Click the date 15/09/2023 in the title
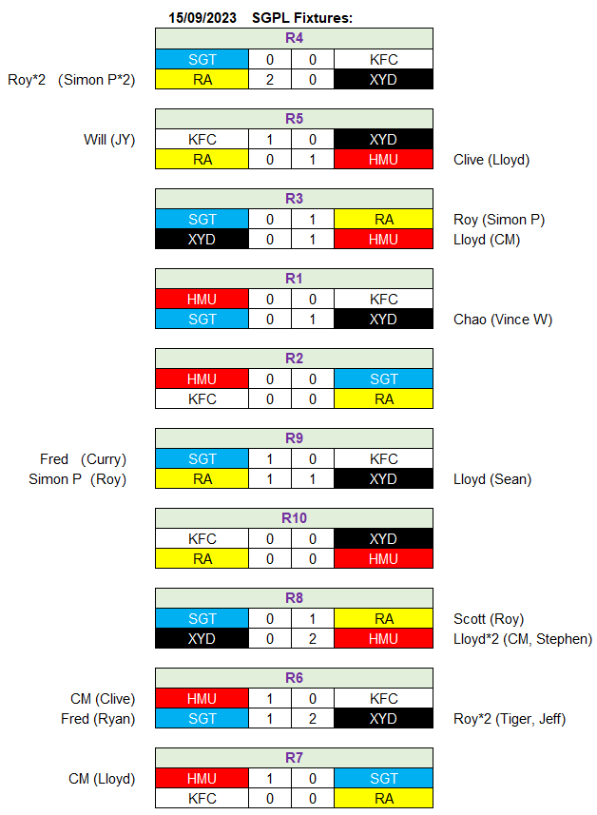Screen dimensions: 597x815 (202, 18)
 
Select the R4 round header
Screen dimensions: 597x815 (294, 38)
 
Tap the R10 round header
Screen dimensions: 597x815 (294, 518)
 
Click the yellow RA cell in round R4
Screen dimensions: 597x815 (202, 80)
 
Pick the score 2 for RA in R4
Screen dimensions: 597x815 (270, 80)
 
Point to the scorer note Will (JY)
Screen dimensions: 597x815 (109, 140)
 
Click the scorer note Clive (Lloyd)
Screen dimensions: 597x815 (491, 160)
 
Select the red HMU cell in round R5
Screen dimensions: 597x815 (383, 160)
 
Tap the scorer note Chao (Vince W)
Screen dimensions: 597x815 (503, 320)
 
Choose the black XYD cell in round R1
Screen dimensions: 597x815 (383, 320)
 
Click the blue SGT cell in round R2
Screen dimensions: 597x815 (383, 378)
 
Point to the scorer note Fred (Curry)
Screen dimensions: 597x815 (83, 459)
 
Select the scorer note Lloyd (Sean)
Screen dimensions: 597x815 (492, 479)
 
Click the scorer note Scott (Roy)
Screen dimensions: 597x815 (489, 619)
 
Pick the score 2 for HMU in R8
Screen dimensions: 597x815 (312, 639)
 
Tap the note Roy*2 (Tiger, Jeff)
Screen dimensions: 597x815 (510, 719)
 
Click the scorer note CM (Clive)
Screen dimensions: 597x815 (103, 699)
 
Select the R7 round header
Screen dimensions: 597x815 (294, 758)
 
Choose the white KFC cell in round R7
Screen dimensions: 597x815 (202, 799)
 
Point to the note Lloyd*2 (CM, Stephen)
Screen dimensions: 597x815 (523, 639)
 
